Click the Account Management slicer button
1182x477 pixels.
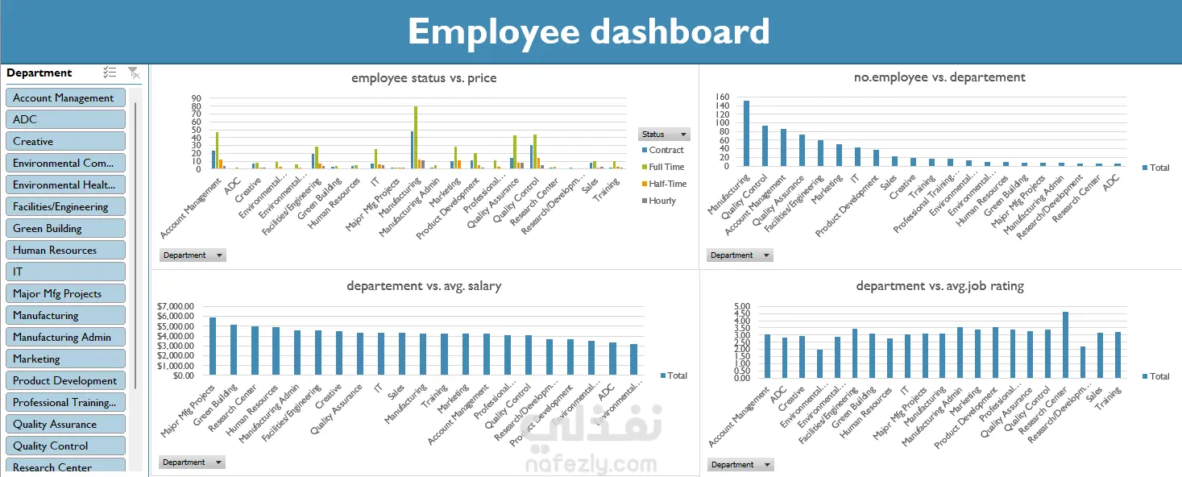[x=65, y=97]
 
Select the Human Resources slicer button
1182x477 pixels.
[x=65, y=250]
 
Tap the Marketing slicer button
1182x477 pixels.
[x=65, y=359]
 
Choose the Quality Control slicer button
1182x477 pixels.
[x=65, y=446]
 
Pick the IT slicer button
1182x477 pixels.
[x=65, y=272]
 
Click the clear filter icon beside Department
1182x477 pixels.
[x=134, y=73]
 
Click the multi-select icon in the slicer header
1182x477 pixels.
[x=110, y=73]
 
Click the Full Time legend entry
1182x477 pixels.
[x=666, y=167]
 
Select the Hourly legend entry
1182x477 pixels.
[x=662, y=201]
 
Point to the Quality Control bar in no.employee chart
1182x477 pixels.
[x=765, y=145]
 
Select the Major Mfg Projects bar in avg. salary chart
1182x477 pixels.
[x=213, y=346]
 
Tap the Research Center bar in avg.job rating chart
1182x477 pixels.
[x=1065, y=344]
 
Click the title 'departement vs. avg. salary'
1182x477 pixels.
[x=424, y=286]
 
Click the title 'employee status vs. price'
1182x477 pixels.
[x=424, y=78]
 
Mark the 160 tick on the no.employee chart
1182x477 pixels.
[x=722, y=97]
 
